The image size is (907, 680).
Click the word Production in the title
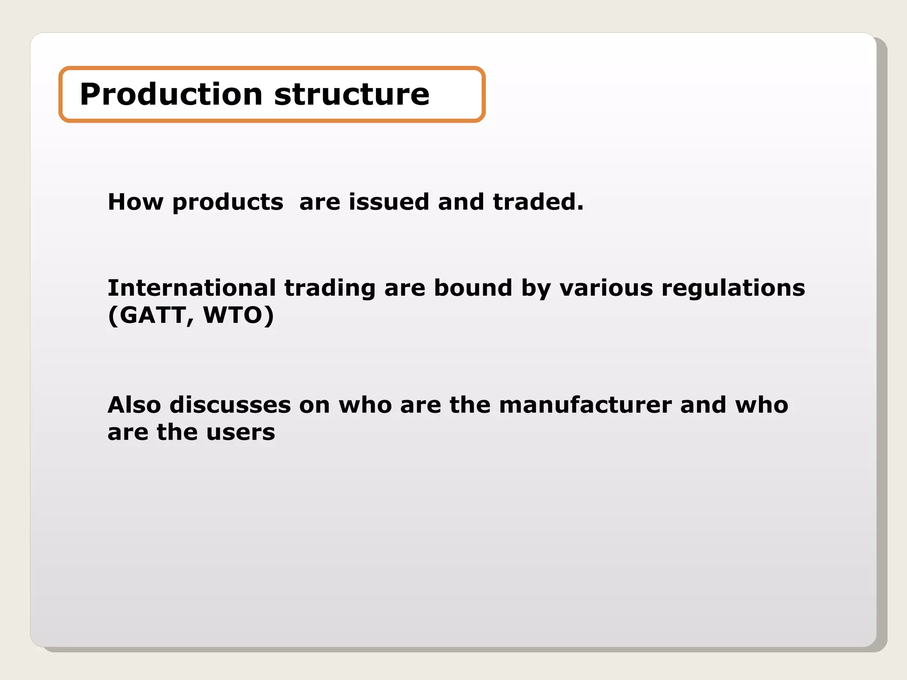click(x=171, y=94)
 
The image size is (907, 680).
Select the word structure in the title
click(x=352, y=94)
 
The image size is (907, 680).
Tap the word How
click(x=136, y=202)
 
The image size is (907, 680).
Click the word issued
click(x=389, y=202)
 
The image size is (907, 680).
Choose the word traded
click(x=535, y=202)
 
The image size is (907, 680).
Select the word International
click(x=192, y=288)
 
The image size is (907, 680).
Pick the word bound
click(x=473, y=288)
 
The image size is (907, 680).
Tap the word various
click(x=606, y=288)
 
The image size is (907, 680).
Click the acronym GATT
click(x=152, y=316)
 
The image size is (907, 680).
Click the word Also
click(x=134, y=405)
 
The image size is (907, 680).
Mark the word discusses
click(x=230, y=405)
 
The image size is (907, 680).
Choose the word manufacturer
click(x=585, y=405)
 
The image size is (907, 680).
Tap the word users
click(x=240, y=433)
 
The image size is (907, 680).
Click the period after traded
click(x=581, y=208)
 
